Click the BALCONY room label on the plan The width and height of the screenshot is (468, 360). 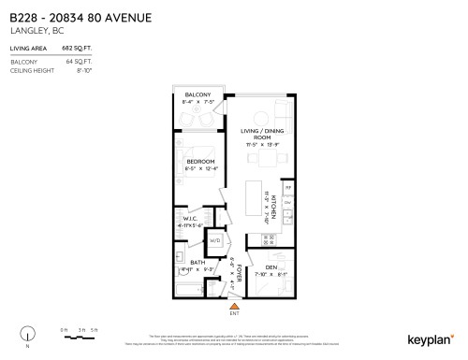tap(197, 95)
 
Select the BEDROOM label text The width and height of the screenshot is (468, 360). tap(201, 162)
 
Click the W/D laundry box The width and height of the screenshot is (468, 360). tap(215, 240)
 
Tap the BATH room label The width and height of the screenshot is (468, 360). tap(197, 263)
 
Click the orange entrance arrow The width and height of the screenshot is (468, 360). tap(234, 304)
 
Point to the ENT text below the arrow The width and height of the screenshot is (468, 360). tap(234, 313)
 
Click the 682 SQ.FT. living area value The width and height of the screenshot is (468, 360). tap(82, 46)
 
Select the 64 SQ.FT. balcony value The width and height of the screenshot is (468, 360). tap(83, 59)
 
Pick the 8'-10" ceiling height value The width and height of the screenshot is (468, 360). tap(86, 67)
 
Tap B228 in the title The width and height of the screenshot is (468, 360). tap(21, 17)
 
